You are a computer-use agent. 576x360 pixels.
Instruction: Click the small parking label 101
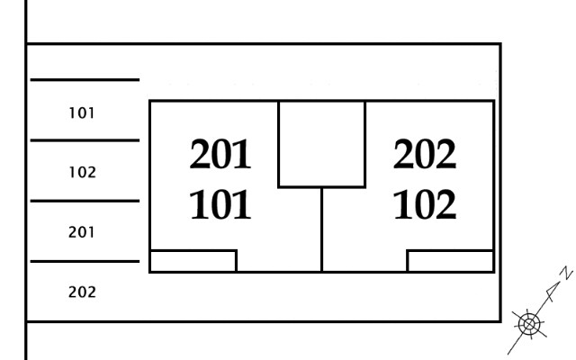(82, 113)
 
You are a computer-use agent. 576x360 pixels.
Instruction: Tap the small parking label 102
(82, 172)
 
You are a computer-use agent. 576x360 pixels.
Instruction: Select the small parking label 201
(82, 232)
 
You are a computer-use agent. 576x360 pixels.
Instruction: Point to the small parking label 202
(82, 292)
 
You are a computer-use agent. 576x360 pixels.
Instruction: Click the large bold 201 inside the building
(220, 154)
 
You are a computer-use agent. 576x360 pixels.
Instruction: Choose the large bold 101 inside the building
(220, 204)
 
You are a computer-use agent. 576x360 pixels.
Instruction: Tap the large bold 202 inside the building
(425, 154)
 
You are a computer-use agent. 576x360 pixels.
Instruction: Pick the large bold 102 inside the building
(425, 204)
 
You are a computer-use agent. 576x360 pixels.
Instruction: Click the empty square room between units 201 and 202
(322, 144)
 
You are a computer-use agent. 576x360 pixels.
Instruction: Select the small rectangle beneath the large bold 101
(193, 261)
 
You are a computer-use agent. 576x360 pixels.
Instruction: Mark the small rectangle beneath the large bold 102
(450, 261)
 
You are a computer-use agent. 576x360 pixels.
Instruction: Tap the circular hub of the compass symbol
(529, 324)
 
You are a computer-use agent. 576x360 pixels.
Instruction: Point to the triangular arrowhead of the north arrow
(553, 290)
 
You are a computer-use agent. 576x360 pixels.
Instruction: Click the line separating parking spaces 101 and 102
(85, 140)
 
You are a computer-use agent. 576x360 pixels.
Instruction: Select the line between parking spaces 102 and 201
(85, 201)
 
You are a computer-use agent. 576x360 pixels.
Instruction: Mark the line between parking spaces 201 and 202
(85, 262)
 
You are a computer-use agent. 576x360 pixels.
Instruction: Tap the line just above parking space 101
(85, 79)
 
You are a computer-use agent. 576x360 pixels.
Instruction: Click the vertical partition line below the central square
(322, 230)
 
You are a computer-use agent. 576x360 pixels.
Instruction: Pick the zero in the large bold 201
(221, 154)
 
